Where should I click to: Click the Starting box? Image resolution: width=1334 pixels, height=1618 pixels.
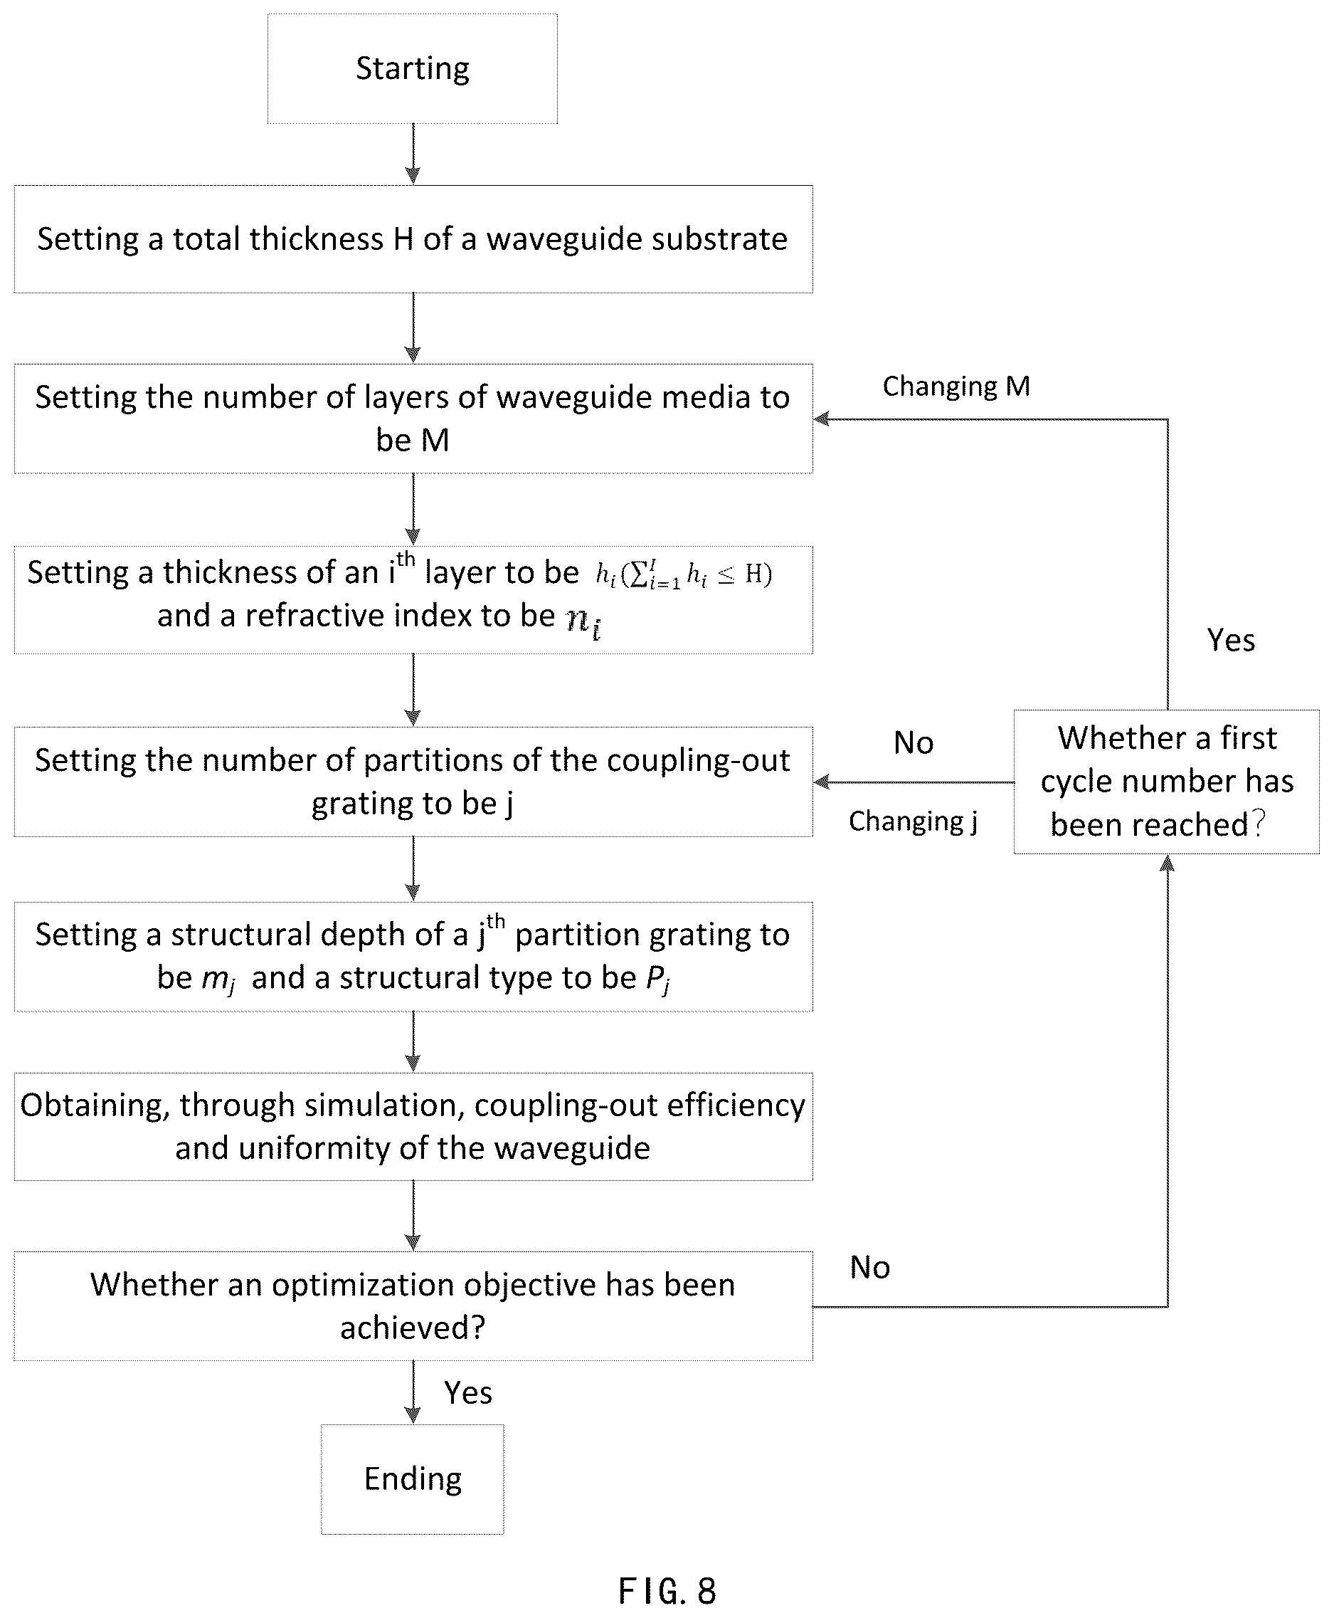[412, 68]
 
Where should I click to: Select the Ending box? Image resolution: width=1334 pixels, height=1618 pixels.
[413, 1479]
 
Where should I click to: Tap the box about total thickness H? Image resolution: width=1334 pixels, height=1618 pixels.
[413, 239]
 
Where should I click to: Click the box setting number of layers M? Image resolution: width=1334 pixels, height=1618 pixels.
[413, 418]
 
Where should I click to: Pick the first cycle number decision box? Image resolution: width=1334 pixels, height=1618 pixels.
[1167, 782]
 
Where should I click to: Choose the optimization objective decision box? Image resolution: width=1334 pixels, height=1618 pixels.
[413, 1306]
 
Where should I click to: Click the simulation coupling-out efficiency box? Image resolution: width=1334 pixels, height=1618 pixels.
[413, 1126]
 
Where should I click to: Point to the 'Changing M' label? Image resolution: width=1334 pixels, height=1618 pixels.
[956, 386]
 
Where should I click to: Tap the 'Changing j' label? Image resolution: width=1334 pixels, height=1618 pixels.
[913, 821]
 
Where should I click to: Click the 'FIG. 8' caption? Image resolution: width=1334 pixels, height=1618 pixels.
[667, 1591]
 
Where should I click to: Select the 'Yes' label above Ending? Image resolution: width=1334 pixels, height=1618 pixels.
[468, 1393]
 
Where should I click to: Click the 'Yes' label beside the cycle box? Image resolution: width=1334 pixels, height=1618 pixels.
[1230, 640]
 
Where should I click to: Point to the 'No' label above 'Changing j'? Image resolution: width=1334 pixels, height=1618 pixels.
[914, 742]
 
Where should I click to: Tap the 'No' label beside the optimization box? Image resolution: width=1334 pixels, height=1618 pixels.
[870, 1268]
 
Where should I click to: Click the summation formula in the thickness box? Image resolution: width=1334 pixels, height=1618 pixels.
[684, 574]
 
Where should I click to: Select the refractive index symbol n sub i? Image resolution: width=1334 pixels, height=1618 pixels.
[584, 620]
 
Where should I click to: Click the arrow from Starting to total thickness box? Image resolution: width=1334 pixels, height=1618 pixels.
[413, 154]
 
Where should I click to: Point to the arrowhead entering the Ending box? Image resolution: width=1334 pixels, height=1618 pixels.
[413, 1415]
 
